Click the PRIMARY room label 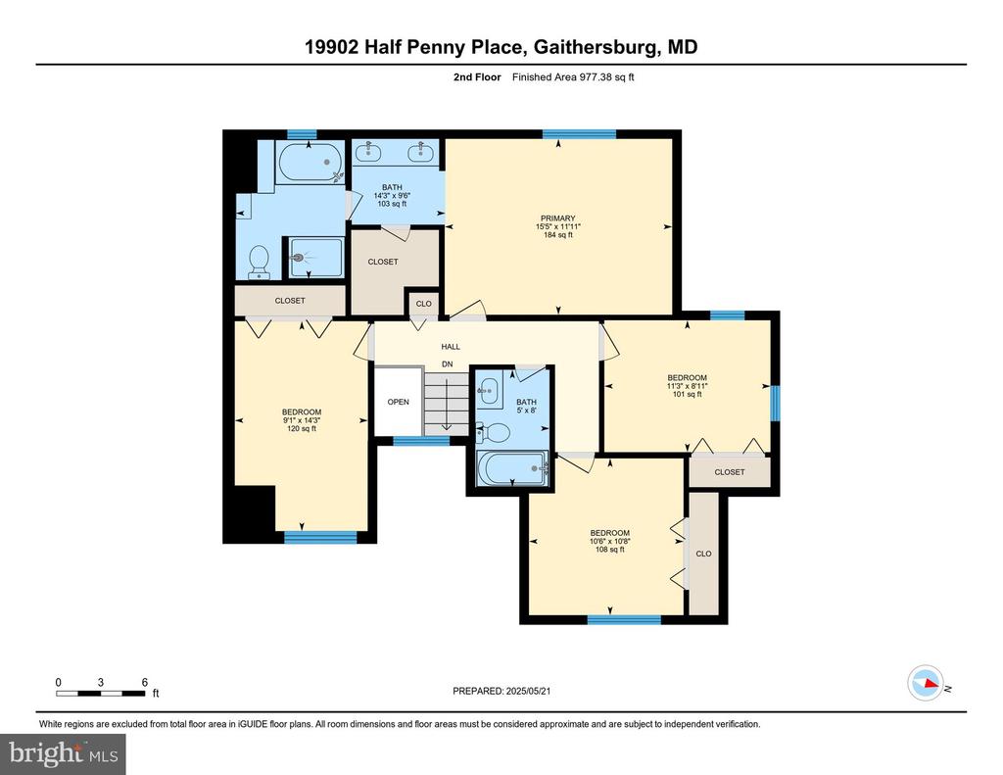pyautogui.click(x=557, y=218)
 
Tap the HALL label pyautogui.click(x=451, y=347)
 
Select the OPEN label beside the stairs pyautogui.click(x=398, y=402)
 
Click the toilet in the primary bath pyautogui.click(x=259, y=262)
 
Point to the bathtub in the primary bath pyautogui.click(x=310, y=163)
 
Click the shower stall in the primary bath pyautogui.click(x=315, y=258)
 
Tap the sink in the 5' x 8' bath pyautogui.click(x=490, y=390)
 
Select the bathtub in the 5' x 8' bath pyautogui.click(x=512, y=469)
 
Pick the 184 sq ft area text pyautogui.click(x=557, y=235)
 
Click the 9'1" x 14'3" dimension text pyautogui.click(x=302, y=420)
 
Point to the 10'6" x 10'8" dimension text pyautogui.click(x=609, y=541)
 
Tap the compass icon pyautogui.click(x=926, y=684)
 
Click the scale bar pyautogui.click(x=101, y=693)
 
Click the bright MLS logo pyautogui.click(x=63, y=753)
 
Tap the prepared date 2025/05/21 pyautogui.click(x=528, y=691)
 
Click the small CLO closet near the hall pyautogui.click(x=423, y=304)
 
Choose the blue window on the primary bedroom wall pyautogui.click(x=579, y=134)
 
